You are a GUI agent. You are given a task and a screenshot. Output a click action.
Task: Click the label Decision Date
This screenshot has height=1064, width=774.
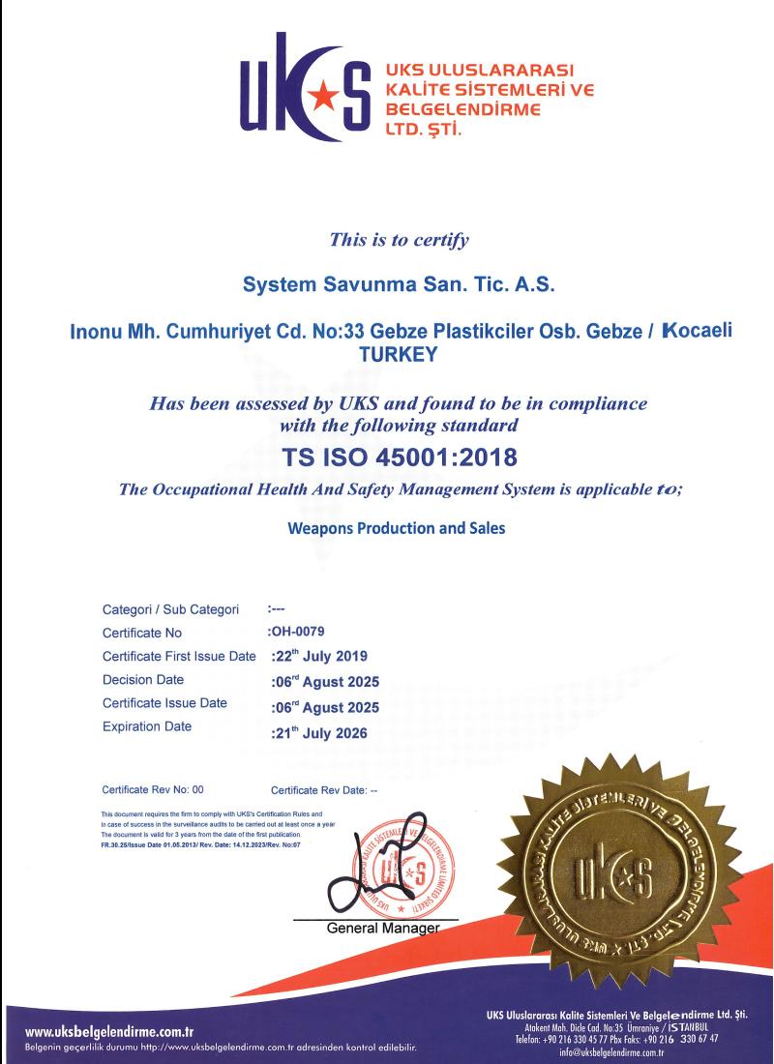point(143,680)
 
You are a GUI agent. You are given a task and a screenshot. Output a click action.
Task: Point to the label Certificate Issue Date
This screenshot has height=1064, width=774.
point(164,703)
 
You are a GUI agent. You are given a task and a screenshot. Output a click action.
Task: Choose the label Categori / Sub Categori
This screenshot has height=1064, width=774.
point(170,610)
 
